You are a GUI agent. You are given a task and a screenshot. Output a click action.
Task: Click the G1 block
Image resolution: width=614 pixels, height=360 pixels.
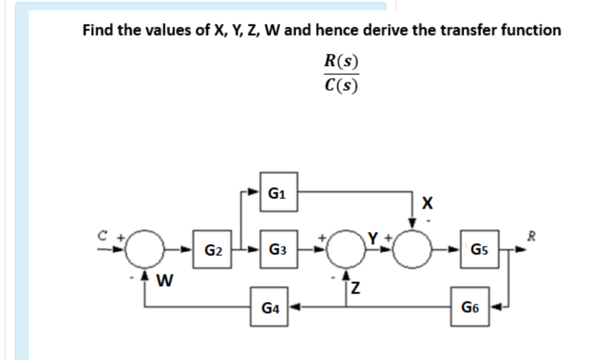pyautogui.click(x=278, y=192)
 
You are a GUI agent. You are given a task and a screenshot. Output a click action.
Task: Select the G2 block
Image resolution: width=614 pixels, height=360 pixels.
pyautogui.click(x=212, y=249)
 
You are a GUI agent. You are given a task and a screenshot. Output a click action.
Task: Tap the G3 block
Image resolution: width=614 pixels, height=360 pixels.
pyautogui.click(x=278, y=249)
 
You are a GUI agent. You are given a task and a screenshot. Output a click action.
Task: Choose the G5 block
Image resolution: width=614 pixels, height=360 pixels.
pyautogui.click(x=480, y=249)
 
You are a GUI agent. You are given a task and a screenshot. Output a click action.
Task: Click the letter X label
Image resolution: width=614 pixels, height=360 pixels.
pyautogui.click(x=427, y=204)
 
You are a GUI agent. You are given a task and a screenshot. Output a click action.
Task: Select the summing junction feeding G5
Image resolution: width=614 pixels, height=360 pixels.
pyautogui.click(x=413, y=249)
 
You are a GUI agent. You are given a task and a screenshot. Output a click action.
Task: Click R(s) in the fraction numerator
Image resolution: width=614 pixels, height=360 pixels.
pyautogui.click(x=340, y=61)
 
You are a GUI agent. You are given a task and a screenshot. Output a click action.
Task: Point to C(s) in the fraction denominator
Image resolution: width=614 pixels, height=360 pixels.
pyautogui.click(x=340, y=86)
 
